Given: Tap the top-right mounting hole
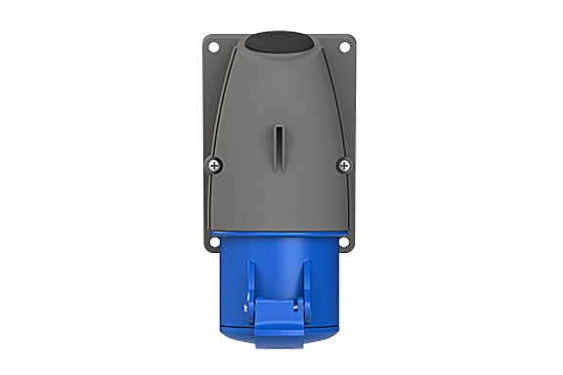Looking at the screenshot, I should coord(345,45).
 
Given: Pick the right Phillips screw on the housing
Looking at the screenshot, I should coord(343,165).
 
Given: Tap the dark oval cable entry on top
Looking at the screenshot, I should coord(280,42).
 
